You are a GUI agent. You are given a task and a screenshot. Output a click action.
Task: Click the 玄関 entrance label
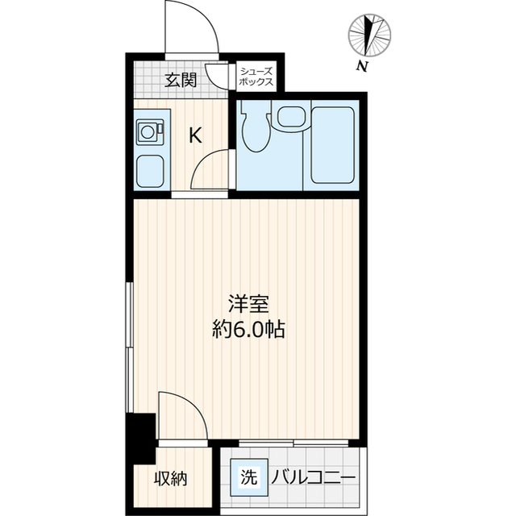[x=181, y=80]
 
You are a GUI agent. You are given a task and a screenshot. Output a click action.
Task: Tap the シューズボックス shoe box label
[x=256, y=77]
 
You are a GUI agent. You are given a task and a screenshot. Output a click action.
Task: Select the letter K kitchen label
[x=195, y=135]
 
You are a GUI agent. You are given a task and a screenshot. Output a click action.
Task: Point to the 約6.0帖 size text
[x=247, y=329]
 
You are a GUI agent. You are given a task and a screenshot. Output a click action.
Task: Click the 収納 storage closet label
[x=171, y=478]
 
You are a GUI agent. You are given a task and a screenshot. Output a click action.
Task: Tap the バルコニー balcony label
[x=312, y=478]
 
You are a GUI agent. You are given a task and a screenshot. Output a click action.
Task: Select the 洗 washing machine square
[x=248, y=476]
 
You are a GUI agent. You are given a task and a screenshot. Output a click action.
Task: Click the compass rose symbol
[x=370, y=35]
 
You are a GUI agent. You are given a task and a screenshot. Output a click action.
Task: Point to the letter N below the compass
[x=364, y=66]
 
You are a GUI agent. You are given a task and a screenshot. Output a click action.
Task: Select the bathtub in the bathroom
[x=334, y=145]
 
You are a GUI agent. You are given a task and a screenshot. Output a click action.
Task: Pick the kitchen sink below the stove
[x=150, y=170]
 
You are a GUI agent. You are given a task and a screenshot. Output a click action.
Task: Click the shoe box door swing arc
[x=216, y=77]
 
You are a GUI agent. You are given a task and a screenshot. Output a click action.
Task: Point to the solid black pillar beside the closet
[x=140, y=436]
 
